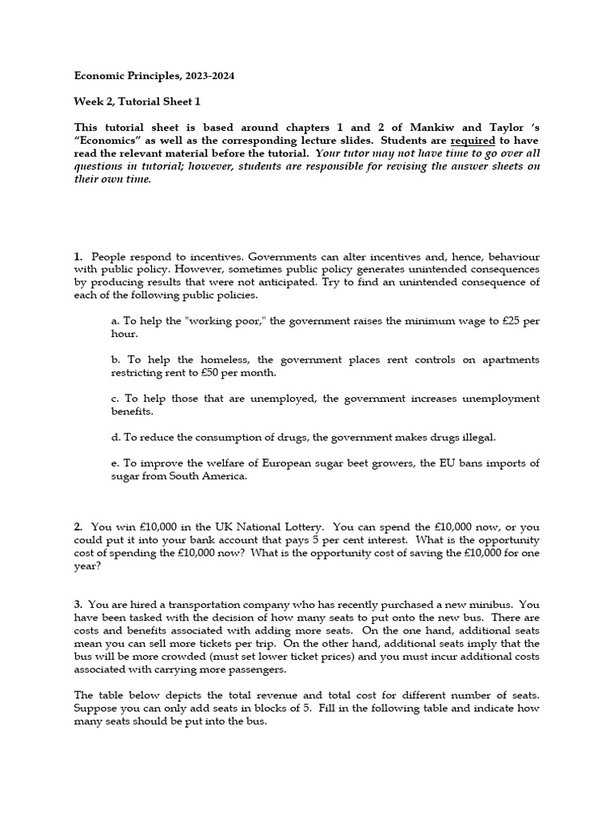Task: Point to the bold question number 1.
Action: (78, 256)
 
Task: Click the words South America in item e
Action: (210, 477)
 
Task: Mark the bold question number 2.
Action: (78, 527)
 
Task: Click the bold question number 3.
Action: (78, 605)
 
